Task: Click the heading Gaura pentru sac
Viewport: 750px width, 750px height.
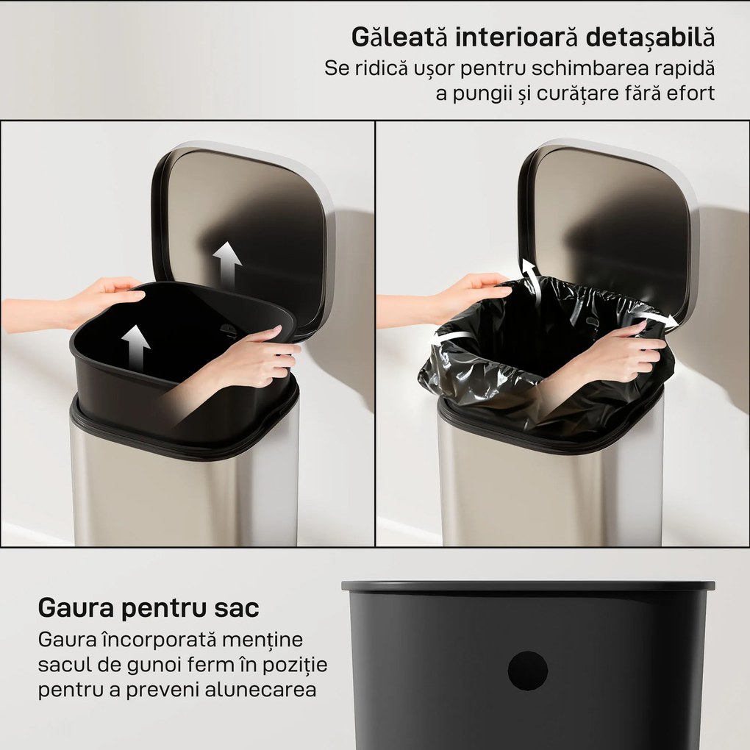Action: (149, 608)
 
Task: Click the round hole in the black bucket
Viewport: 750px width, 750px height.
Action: (528, 670)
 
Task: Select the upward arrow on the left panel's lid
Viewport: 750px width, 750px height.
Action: (227, 266)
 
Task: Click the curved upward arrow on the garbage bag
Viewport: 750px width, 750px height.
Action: (532, 282)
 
